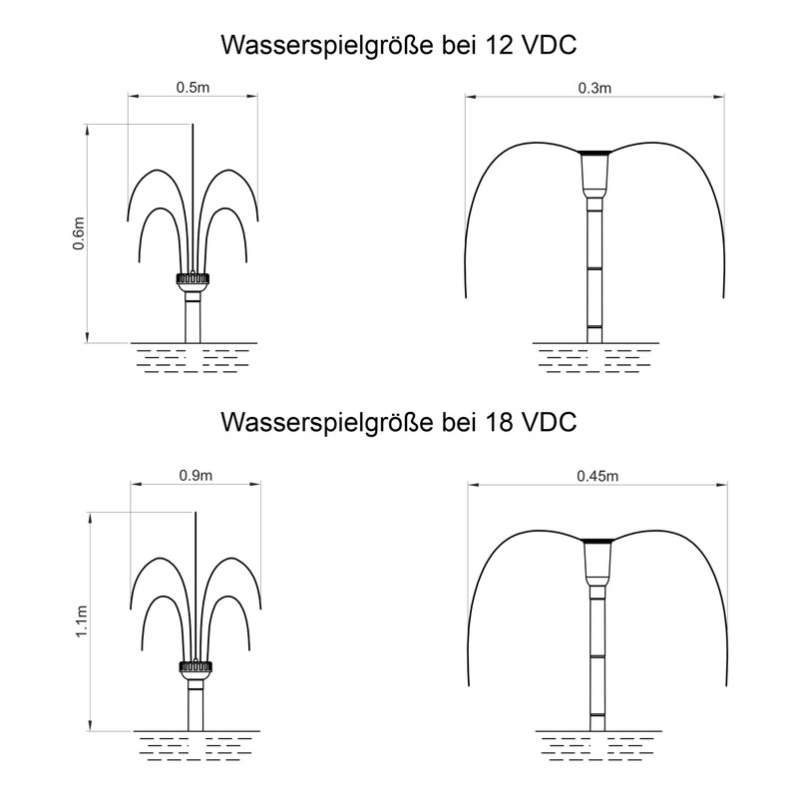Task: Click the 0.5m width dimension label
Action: [193, 88]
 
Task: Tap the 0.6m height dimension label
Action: [79, 233]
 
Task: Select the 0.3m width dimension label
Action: [595, 88]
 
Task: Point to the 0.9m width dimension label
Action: [196, 476]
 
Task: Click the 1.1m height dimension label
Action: [82, 621]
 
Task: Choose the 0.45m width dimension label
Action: [598, 476]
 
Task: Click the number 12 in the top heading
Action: [500, 45]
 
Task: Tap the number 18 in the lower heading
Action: [500, 422]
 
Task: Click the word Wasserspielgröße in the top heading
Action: [327, 47]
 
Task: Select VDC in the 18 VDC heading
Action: [551, 422]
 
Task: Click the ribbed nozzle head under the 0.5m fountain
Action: [193, 279]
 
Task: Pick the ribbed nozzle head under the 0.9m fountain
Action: [196, 666]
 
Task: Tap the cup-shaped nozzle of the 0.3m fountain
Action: [595, 174]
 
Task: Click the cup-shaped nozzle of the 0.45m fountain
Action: [598, 562]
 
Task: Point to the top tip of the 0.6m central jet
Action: [193, 124]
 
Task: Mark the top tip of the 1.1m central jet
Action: [196, 512]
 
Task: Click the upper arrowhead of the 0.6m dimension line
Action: [88, 130]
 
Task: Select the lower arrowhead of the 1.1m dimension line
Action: [91, 725]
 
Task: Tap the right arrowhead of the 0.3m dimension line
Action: [718, 97]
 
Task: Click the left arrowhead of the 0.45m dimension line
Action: [474, 485]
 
